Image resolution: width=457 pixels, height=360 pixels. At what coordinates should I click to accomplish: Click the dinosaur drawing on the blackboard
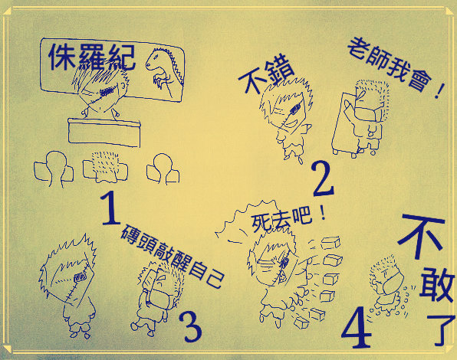[163, 71]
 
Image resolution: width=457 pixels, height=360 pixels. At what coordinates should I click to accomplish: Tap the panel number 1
[110, 208]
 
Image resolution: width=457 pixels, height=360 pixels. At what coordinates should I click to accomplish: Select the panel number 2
[323, 179]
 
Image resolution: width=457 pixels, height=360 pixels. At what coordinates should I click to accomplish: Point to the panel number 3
[190, 327]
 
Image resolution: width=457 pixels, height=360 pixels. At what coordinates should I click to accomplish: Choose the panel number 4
[357, 326]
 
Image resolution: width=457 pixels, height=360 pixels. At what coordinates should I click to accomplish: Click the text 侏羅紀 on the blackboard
[92, 57]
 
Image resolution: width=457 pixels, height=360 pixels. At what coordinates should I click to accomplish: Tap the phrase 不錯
[267, 77]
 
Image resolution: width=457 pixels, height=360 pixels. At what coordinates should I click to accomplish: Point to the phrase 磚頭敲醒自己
[173, 256]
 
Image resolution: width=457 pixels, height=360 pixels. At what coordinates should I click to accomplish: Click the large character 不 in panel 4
[422, 236]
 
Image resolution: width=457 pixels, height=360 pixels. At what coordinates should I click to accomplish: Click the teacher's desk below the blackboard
[104, 133]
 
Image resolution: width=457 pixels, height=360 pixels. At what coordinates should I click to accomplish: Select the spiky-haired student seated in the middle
[105, 167]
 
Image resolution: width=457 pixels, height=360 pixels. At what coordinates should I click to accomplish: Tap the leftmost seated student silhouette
[54, 169]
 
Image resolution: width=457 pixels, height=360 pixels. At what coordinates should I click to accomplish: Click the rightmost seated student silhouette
[163, 169]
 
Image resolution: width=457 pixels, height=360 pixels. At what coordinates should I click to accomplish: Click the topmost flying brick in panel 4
[330, 243]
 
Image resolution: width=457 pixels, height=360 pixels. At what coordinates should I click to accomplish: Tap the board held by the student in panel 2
[345, 123]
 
